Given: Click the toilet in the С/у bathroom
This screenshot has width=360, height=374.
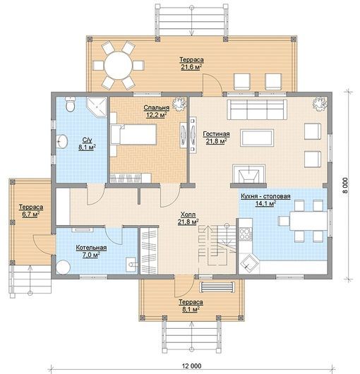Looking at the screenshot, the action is coord(70,104).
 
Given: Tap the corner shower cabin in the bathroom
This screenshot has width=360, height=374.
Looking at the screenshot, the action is coord(97,107).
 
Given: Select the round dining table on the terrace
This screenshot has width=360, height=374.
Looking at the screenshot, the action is coord(119,66).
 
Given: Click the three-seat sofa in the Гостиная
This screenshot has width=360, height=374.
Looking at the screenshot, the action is coord(257,109).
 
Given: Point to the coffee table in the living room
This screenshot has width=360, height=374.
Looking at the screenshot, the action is coord(257,138).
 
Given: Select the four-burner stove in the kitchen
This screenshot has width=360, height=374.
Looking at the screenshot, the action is coord(246,234).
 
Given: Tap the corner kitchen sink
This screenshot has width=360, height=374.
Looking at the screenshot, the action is coord(250,264).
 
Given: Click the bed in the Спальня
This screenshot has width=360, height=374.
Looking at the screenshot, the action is coord(133,134).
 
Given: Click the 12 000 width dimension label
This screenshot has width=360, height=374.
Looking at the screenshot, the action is coord(192,366).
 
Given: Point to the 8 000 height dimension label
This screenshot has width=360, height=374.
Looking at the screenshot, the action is coord(346,186).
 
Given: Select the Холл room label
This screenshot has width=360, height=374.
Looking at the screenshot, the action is coord(188,215).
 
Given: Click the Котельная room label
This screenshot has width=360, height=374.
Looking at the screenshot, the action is coord(91,248).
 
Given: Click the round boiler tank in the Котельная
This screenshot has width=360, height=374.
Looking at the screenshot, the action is coord(64,267).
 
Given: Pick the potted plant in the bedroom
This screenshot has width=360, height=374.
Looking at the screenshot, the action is coord(179,103).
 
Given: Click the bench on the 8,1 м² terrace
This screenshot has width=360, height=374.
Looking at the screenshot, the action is coord(217,287).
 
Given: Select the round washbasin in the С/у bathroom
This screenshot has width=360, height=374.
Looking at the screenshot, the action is coord(62,141).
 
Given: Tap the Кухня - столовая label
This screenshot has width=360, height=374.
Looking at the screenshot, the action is coord(265,196).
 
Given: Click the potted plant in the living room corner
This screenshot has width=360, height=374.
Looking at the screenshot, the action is coord(320,103).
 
